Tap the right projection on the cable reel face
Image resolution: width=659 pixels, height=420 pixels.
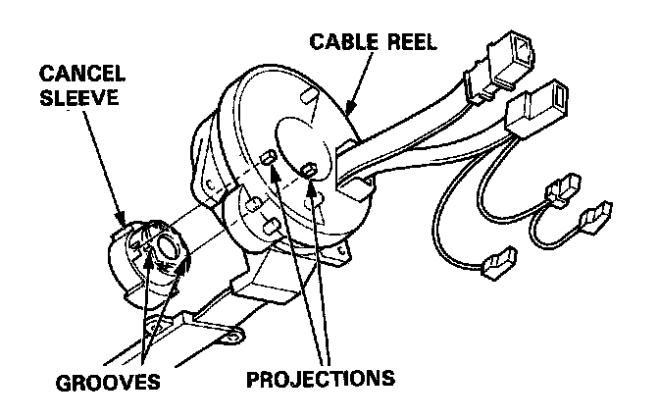coord(309,170)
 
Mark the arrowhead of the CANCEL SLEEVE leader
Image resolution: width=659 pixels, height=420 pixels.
coord(123,223)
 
